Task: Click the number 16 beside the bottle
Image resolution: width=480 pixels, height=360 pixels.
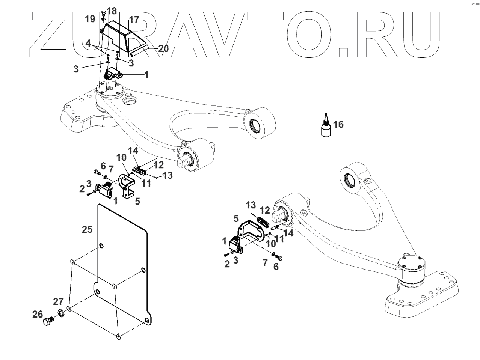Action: point(338,124)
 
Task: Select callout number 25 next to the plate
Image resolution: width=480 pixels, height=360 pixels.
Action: point(87,229)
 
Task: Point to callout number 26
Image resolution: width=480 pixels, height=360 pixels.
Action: point(38,315)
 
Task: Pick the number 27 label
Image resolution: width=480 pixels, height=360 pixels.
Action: point(58,302)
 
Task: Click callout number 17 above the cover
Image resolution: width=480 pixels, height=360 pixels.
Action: point(134,19)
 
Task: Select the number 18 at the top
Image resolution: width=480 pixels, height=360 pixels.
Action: point(112,10)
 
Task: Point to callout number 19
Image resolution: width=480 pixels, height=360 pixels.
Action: point(90,19)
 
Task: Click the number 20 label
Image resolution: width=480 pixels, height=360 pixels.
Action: point(163,48)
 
